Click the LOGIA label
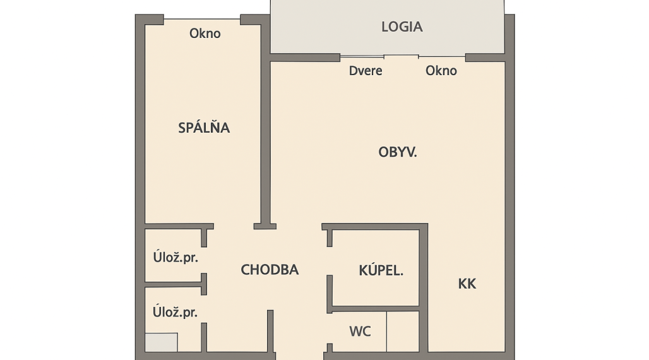tap(402, 27)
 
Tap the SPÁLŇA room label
tap(204, 128)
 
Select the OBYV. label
tap(398, 152)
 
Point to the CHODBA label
tap(270, 270)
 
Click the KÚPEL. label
tap(381, 271)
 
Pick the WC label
tap(360, 331)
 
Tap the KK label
tap(467, 284)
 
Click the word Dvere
tap(366, 71)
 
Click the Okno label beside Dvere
tap(441, 71)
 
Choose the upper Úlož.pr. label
tap(172, 257)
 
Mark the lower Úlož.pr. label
tap(172, 312)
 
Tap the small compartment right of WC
tap(403, 331)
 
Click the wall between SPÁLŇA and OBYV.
tap(266, 139)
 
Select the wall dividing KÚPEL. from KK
tap(424, 272)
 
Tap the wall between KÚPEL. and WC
tap(376, 308)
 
